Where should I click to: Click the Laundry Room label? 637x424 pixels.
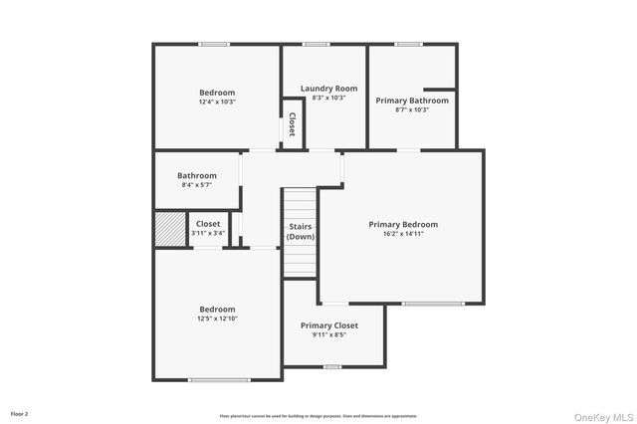(x=328, y=89)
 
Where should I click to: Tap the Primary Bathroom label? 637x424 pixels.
(x=412, y=101)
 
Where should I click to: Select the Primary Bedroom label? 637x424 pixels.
(x=403, y=224)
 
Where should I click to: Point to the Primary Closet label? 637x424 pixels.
(x=329, y=325)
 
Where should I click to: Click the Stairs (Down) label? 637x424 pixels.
(x=301, y=232)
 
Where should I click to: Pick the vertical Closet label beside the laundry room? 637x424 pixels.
(x=293, y=124)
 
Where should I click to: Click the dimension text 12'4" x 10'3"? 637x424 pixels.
(x=217, y=102)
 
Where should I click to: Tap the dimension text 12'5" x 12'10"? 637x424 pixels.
(x=217, y=318)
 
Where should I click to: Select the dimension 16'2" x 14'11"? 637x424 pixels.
(x=403, y=234)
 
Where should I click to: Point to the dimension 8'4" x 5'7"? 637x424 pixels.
(x=197, y=185)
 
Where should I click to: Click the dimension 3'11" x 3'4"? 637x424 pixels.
(x=208, y=233)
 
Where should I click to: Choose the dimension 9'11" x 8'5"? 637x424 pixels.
(x=329, y=335)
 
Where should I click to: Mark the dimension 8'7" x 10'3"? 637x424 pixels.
(x=412, y=110)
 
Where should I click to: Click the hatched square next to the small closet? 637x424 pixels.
(x=168, y=228)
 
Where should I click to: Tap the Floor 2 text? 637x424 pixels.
(x=20, y=413)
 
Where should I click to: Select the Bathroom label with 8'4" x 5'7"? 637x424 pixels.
(x=197, y=176)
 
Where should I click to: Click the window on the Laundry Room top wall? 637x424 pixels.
(x=317, y=44)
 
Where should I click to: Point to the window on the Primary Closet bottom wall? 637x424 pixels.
(x=332, y=366)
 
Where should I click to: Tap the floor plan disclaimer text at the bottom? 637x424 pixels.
(x=318, y=416)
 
